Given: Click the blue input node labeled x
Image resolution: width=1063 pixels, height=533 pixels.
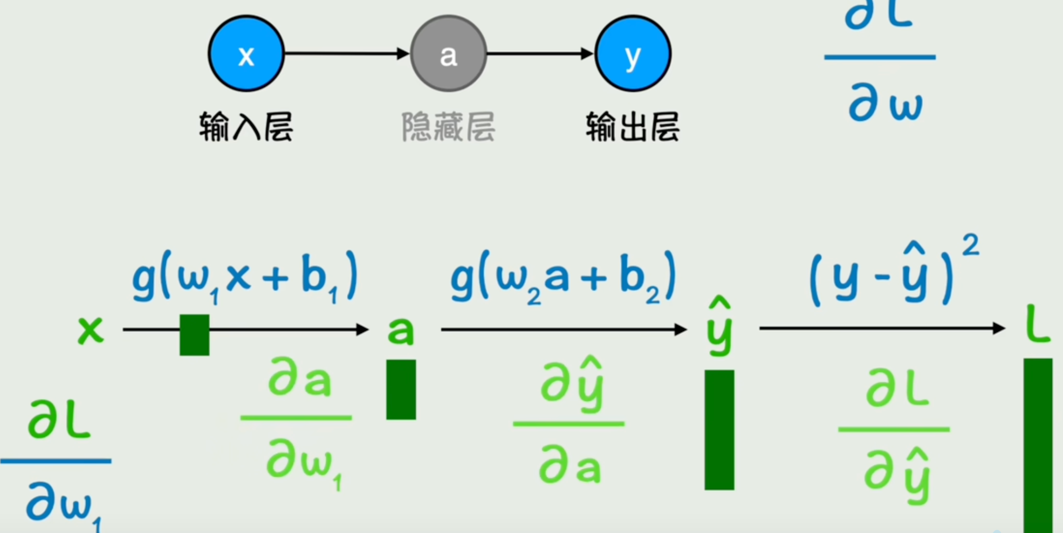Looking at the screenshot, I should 246,54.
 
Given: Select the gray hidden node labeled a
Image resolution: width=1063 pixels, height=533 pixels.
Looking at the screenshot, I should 448,54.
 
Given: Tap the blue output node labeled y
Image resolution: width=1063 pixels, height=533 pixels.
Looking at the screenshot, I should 633,54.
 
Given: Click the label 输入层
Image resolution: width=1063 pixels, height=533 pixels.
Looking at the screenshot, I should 246,127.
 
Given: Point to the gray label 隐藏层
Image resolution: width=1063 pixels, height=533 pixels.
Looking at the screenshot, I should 448,127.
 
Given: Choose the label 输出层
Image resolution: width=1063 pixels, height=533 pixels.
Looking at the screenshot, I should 633,127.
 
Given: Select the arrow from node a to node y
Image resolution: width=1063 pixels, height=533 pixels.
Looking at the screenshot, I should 540,53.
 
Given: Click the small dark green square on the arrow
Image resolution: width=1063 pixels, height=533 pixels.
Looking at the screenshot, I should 194,335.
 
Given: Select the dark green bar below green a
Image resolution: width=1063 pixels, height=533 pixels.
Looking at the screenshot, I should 401,389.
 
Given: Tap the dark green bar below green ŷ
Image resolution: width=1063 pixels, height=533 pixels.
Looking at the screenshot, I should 719,430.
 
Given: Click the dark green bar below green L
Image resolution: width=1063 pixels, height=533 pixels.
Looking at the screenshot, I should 1037,443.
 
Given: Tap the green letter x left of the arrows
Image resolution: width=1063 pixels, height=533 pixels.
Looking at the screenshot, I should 91,330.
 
